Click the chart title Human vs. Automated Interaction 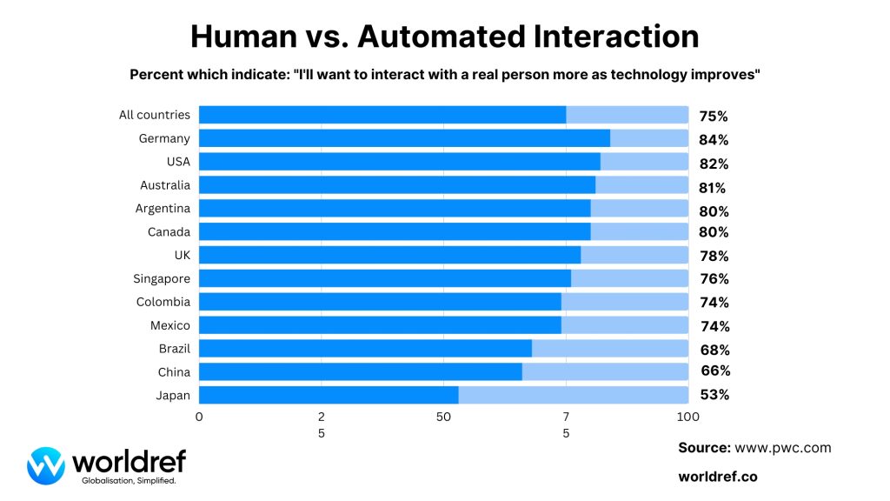(x=444, y=36)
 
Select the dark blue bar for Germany (x=404, y=138)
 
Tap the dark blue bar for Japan (x=329, y=394)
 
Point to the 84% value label (x=714, y=140)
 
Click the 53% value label (x=714, y=394)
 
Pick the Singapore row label (x=162, y=278)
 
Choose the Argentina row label (x=163, y=209)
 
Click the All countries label (x=155, y=115)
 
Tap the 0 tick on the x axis (x=199, y=416)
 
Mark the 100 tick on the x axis (x=687, y=416)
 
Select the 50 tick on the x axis (x=443, y=416)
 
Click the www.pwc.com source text (x=783, y=448)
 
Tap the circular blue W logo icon (x=46, y=465)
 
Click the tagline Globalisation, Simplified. (x=129, y=480)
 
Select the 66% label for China (x=715, y=371)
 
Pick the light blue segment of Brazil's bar (x=609, y=348)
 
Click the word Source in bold (x=704, y=448)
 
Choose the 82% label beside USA (x=714, y=164)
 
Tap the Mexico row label (x=170, y=325)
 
